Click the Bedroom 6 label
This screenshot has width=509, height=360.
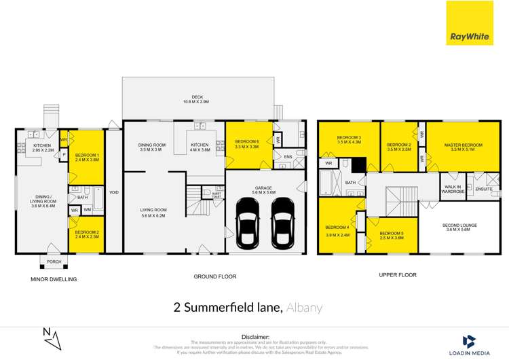pos(246,144)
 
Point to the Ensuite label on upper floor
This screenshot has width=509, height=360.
pos(483,188)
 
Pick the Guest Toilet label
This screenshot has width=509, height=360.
pos(216,195)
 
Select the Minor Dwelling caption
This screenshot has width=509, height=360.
pos(54,279)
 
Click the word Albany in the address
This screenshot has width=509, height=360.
pos(303,308)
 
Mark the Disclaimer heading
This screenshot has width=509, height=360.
pos(254,336)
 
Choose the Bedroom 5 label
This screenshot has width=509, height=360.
pos(392,236)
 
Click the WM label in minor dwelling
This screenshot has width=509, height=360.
pos(89,211)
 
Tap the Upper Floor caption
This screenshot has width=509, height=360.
pos(398,275)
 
